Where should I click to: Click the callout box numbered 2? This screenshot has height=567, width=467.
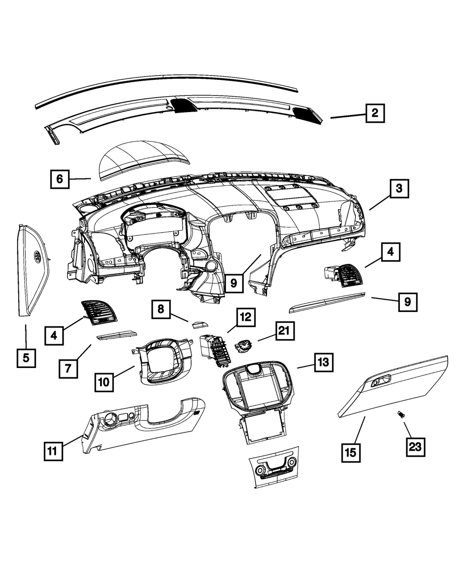pyautogui.click(x=375, y=113)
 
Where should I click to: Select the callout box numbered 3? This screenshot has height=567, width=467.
pyautogui.click(x=399, y=189)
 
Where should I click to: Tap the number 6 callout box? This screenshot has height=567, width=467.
pyautogui.click(x=60, y=179)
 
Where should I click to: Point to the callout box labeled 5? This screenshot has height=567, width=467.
pyautogui.click(x=26, y=358)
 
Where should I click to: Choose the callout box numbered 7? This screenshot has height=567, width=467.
pyautogui.click(x=68, y=369)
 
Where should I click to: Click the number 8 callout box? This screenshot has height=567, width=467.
pyautogui.click(x=160, y=309)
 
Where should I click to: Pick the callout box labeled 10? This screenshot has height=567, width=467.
pyautogui.click(x=104, y=382)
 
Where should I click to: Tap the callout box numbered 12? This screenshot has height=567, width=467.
pyautogui.click(x=245, y=318)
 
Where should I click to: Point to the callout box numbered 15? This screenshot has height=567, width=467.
pyautogui.click(x=351, y=452)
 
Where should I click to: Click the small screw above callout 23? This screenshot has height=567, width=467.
pyautogui.click(x=400, y=414)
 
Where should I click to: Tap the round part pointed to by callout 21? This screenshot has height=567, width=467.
pyautogui.click(x=242, y=346)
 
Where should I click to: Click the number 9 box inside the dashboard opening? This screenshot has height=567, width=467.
pyautogui.click(x=234, y=282)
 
